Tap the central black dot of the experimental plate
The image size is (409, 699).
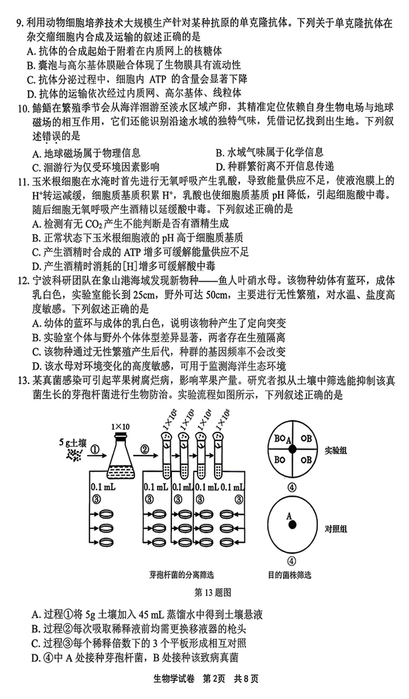292,449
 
